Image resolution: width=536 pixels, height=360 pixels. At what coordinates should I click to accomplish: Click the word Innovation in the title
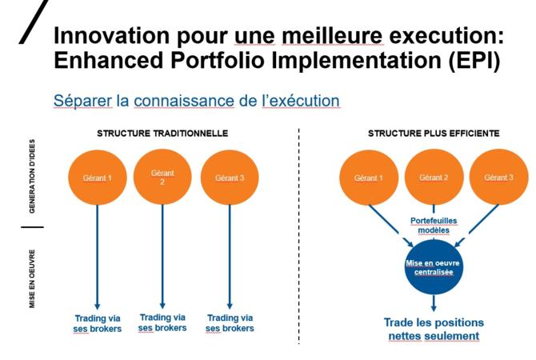pos(112,35)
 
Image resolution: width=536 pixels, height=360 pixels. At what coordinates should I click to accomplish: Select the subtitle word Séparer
pos(82,101)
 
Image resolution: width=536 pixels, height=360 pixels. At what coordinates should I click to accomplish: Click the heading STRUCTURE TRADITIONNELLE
pos(162,134)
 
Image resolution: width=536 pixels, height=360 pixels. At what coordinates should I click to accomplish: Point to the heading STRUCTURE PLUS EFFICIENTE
pos(434,134)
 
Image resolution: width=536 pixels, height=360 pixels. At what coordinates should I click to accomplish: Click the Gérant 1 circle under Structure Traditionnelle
pos(98,178)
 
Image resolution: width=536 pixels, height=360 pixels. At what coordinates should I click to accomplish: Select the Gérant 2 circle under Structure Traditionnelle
pos(162,178)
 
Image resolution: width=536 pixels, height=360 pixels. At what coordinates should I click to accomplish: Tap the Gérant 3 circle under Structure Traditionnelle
pos(230,178)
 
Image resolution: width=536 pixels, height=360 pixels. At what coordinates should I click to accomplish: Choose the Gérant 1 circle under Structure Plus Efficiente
pos(369,177)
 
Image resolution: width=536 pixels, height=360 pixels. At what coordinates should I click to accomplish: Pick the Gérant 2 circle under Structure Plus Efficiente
pos(434,177)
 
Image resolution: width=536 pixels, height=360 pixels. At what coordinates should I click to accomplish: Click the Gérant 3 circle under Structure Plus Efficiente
pos(498,177)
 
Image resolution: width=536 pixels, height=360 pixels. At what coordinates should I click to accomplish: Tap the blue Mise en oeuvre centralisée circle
pos(434,267)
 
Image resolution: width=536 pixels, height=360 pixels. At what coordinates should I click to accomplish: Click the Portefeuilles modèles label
pos(434,226)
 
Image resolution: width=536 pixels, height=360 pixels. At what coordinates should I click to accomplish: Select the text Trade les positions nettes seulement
pos(434,330)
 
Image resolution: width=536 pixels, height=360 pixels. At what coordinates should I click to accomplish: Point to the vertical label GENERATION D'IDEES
pos(32,177)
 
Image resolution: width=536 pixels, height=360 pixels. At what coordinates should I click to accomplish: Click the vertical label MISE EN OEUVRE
pos(32,278)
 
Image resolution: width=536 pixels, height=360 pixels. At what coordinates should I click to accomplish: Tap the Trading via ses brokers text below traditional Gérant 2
pos(162,322)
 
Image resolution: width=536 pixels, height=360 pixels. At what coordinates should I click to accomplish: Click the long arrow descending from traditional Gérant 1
pos(98,257)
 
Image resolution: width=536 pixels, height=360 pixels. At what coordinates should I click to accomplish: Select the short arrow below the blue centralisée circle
pos(434,303)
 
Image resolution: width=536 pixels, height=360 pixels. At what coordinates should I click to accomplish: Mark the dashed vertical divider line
pos(298,236)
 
